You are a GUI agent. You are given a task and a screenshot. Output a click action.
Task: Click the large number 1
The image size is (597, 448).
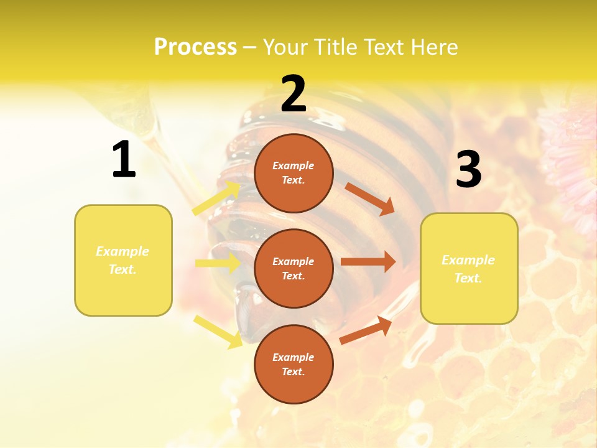[x=124, y=160]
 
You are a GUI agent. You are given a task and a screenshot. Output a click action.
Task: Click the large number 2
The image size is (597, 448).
[x=294, y=94]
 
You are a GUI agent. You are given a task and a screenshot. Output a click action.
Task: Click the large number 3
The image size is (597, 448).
[x=468, y=170]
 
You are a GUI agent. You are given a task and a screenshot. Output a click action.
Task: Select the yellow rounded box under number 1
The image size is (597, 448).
[x=123, y=260]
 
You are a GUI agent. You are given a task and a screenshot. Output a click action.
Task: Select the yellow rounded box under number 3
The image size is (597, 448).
[x=469, y=268]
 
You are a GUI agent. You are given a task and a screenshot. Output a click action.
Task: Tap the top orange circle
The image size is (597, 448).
[x=294, y=173]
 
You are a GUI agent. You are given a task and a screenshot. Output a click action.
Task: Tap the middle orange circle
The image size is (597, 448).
[x=294, y=268]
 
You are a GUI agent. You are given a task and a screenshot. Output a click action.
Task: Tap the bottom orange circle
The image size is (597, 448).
[x=294, y=364]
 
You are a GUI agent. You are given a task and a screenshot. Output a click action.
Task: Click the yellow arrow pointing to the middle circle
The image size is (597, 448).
[x=218, y=263]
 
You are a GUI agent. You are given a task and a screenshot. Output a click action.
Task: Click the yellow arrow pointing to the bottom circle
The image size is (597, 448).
[x=218, y=331]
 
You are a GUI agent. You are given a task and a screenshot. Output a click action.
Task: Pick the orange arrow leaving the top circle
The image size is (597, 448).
[x=369, y=199]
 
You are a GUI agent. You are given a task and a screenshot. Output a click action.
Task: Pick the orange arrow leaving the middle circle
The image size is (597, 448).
[x=368, y=262]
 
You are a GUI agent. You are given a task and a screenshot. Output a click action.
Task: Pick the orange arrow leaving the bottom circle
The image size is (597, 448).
[x=366, y=330]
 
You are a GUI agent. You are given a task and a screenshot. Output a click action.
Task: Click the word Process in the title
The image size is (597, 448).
[x=195, y=47]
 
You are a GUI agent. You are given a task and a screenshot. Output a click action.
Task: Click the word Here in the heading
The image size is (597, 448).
[x=434, y=47]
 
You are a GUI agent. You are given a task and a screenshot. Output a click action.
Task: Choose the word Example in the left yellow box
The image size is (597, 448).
[x=123, y=251]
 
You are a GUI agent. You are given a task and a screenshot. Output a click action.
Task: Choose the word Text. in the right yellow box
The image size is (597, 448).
[x=468, y=278]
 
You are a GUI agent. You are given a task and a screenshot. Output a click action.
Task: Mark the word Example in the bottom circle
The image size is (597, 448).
[x=293, y=357]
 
